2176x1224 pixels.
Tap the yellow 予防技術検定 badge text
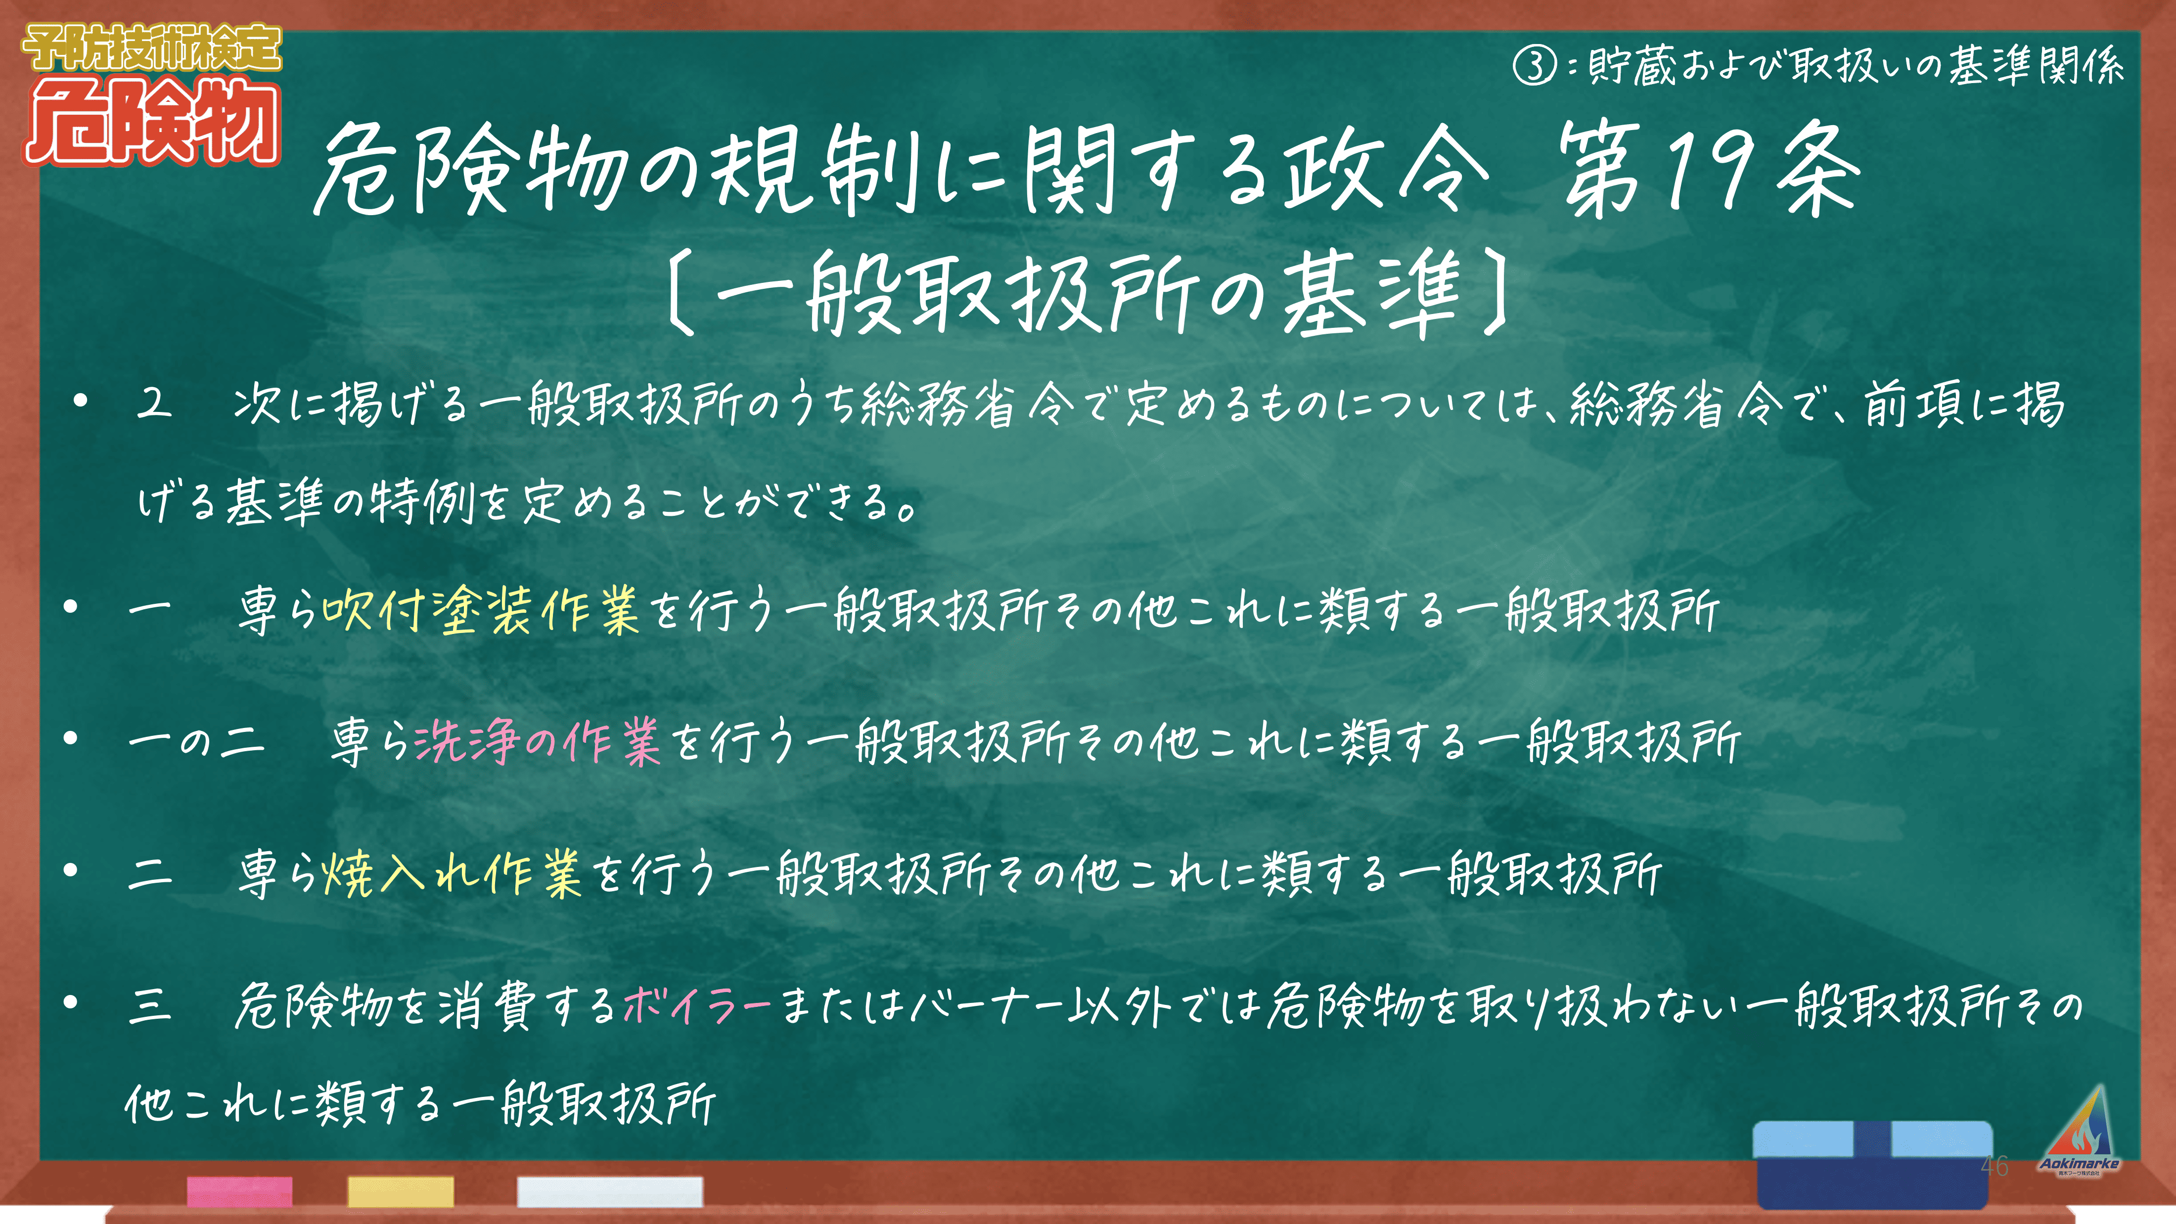(152, 47)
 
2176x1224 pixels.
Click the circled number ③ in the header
(1533, 65)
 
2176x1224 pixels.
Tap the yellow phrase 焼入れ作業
(452, 873)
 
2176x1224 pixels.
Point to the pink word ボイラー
(697, 1005)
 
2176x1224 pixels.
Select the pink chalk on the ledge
(240, 1191)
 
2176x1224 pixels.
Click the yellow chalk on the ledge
(401, 1191)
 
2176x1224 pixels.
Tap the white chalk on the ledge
(610, 1191)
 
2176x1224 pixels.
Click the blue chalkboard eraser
(1873, 1164)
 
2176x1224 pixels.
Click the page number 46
(1995, 1167)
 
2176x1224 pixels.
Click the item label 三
(150, 1006)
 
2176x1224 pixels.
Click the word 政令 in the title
(1385, 169)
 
